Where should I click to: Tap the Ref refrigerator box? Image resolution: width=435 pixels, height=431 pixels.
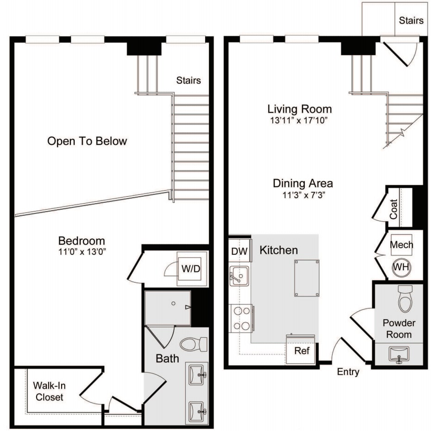(302, 350)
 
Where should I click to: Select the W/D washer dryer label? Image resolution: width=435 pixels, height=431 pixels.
(191, 269)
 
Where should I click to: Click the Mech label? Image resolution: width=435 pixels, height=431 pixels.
(402, 244)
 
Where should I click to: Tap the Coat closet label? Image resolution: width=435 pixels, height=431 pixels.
(394, 209)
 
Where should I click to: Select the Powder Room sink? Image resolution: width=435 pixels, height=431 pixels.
(399, 355)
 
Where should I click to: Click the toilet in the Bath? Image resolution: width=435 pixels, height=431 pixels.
(194, 344)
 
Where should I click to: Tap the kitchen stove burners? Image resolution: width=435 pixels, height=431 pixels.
(241, 318)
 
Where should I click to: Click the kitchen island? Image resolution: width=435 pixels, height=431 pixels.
(306, 278)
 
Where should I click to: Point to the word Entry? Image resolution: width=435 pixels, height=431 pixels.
(348, 372)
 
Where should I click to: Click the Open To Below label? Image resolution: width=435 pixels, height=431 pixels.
(87, 141)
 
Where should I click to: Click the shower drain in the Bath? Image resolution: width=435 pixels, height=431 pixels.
(173, 303)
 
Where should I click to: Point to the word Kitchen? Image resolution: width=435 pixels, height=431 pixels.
(278, 251)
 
